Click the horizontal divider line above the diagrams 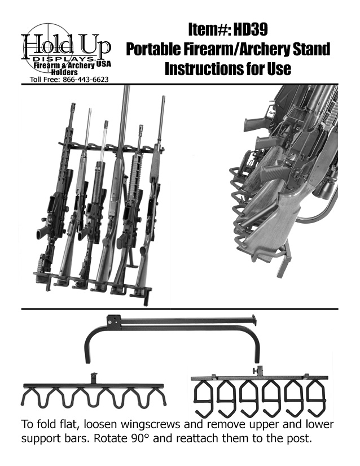click(180, 309)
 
